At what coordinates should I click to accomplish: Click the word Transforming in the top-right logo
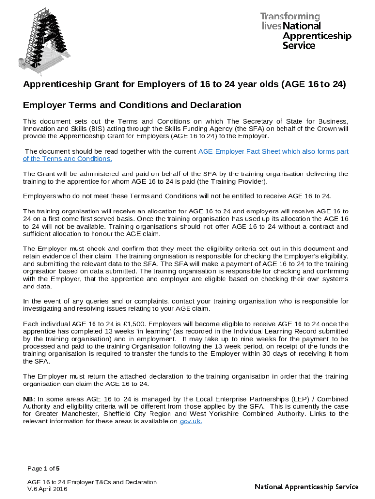click(290, 17)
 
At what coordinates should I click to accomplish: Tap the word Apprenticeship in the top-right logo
click(317, 36)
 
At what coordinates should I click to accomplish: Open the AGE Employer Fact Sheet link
click(273, 151)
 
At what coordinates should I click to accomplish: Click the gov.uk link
click(190, 422)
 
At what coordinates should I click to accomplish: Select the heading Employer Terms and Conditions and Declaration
click(132, 105)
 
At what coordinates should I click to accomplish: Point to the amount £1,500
click(137, 324)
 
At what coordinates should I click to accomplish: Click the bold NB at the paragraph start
click(28, 398)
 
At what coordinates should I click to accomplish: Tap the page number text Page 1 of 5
click(43, 469)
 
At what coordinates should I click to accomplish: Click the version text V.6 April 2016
click(47, 489)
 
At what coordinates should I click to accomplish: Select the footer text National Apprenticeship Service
click(306, 487)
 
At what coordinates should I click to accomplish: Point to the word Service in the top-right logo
click(299, 46)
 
